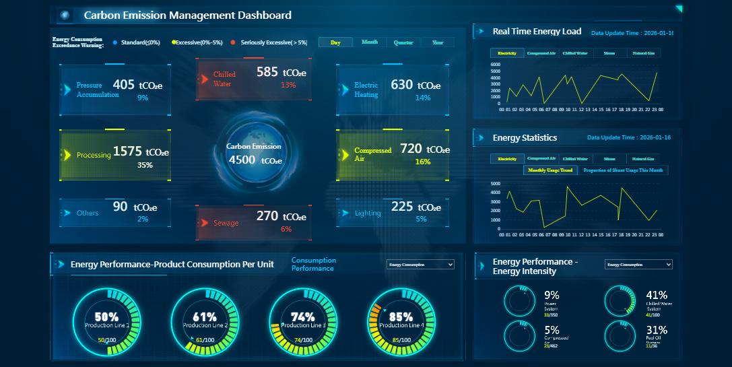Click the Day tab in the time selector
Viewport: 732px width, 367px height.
335,42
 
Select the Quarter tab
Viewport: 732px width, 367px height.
403,42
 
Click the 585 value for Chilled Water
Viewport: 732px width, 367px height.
267,71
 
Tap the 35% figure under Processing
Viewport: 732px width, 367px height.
145,165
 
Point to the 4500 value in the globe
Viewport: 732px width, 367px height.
242,160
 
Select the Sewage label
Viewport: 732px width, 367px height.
226,223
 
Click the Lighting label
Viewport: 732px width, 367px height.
368,213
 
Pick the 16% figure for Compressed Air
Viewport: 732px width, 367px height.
423,162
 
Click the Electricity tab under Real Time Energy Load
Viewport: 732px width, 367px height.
507,53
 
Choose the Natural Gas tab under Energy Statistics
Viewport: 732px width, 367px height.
643,159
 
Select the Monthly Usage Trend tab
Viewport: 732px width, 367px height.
550,170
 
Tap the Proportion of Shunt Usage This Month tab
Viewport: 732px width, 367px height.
623,170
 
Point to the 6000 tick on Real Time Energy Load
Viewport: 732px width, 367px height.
495,65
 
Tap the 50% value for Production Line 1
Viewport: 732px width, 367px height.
106,316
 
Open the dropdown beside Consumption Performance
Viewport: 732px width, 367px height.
420,265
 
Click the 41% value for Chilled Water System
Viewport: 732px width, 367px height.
656,295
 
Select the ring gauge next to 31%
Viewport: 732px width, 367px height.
620,335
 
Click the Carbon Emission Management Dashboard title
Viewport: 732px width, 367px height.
187,15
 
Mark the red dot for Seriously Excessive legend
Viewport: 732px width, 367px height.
232,42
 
